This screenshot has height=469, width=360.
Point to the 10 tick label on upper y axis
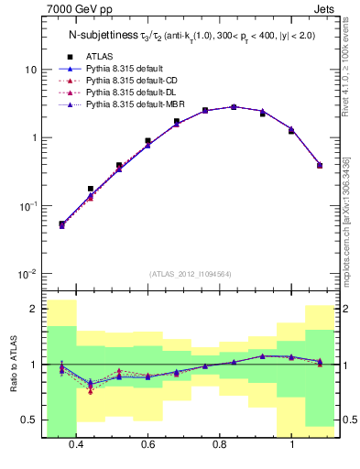tap(30, 70)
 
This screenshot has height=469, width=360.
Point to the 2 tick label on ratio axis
tap(33, 309)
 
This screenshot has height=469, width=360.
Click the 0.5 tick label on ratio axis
tap(29, 420)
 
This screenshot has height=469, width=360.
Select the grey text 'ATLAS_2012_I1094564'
tap(191, 273)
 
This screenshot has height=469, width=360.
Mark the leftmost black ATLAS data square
tap(61, 224)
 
